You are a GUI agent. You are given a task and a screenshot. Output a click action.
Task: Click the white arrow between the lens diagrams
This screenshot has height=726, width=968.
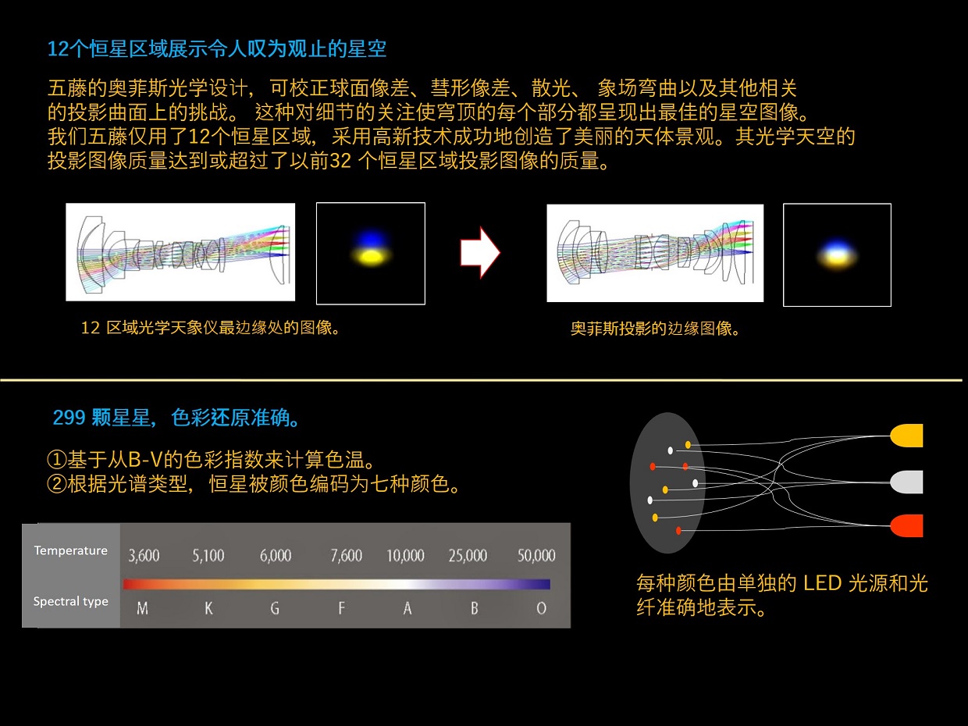tap(480, 253)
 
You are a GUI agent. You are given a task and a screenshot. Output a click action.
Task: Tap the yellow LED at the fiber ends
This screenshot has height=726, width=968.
tap(906, 436)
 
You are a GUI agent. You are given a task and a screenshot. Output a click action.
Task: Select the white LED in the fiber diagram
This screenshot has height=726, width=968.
tap(906, 482)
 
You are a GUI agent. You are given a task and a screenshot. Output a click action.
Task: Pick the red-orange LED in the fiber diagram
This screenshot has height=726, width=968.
tap(906, 525)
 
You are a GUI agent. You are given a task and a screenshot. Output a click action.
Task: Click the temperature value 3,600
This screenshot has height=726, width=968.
tap(144, 555)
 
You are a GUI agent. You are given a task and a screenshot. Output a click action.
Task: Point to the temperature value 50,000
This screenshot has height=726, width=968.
tap(536, 555)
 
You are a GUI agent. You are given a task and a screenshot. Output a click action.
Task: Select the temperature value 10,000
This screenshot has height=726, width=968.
tap(405, 555)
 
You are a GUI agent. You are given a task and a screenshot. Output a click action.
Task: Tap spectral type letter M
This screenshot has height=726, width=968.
tap(142, 608)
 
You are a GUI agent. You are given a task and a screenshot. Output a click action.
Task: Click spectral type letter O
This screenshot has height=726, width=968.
tap(542, 608)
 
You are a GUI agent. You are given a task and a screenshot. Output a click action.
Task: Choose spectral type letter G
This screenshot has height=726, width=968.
tap(275, 608)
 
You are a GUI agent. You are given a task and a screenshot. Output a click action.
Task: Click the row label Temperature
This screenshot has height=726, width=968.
tap(70, 550)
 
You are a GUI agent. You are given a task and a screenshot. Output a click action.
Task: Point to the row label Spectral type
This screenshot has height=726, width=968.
tap(70, 601)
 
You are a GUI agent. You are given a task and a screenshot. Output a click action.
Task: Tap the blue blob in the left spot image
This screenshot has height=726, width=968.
tap(372, 239)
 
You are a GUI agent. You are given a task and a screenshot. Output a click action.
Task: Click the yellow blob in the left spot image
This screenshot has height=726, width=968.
tap(372, 258)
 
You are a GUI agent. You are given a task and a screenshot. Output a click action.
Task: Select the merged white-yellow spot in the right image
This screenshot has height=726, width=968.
tap(837, 255)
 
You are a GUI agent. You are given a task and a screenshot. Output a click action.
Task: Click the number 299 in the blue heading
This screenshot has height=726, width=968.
tap(69, 418)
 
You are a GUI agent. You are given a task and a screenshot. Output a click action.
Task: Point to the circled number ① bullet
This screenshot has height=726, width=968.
tap(57, 459)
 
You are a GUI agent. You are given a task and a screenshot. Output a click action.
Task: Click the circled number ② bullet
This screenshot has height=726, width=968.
tap(57, 483)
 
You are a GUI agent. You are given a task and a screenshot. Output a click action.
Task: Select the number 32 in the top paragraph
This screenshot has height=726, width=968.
tap(340, 161)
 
